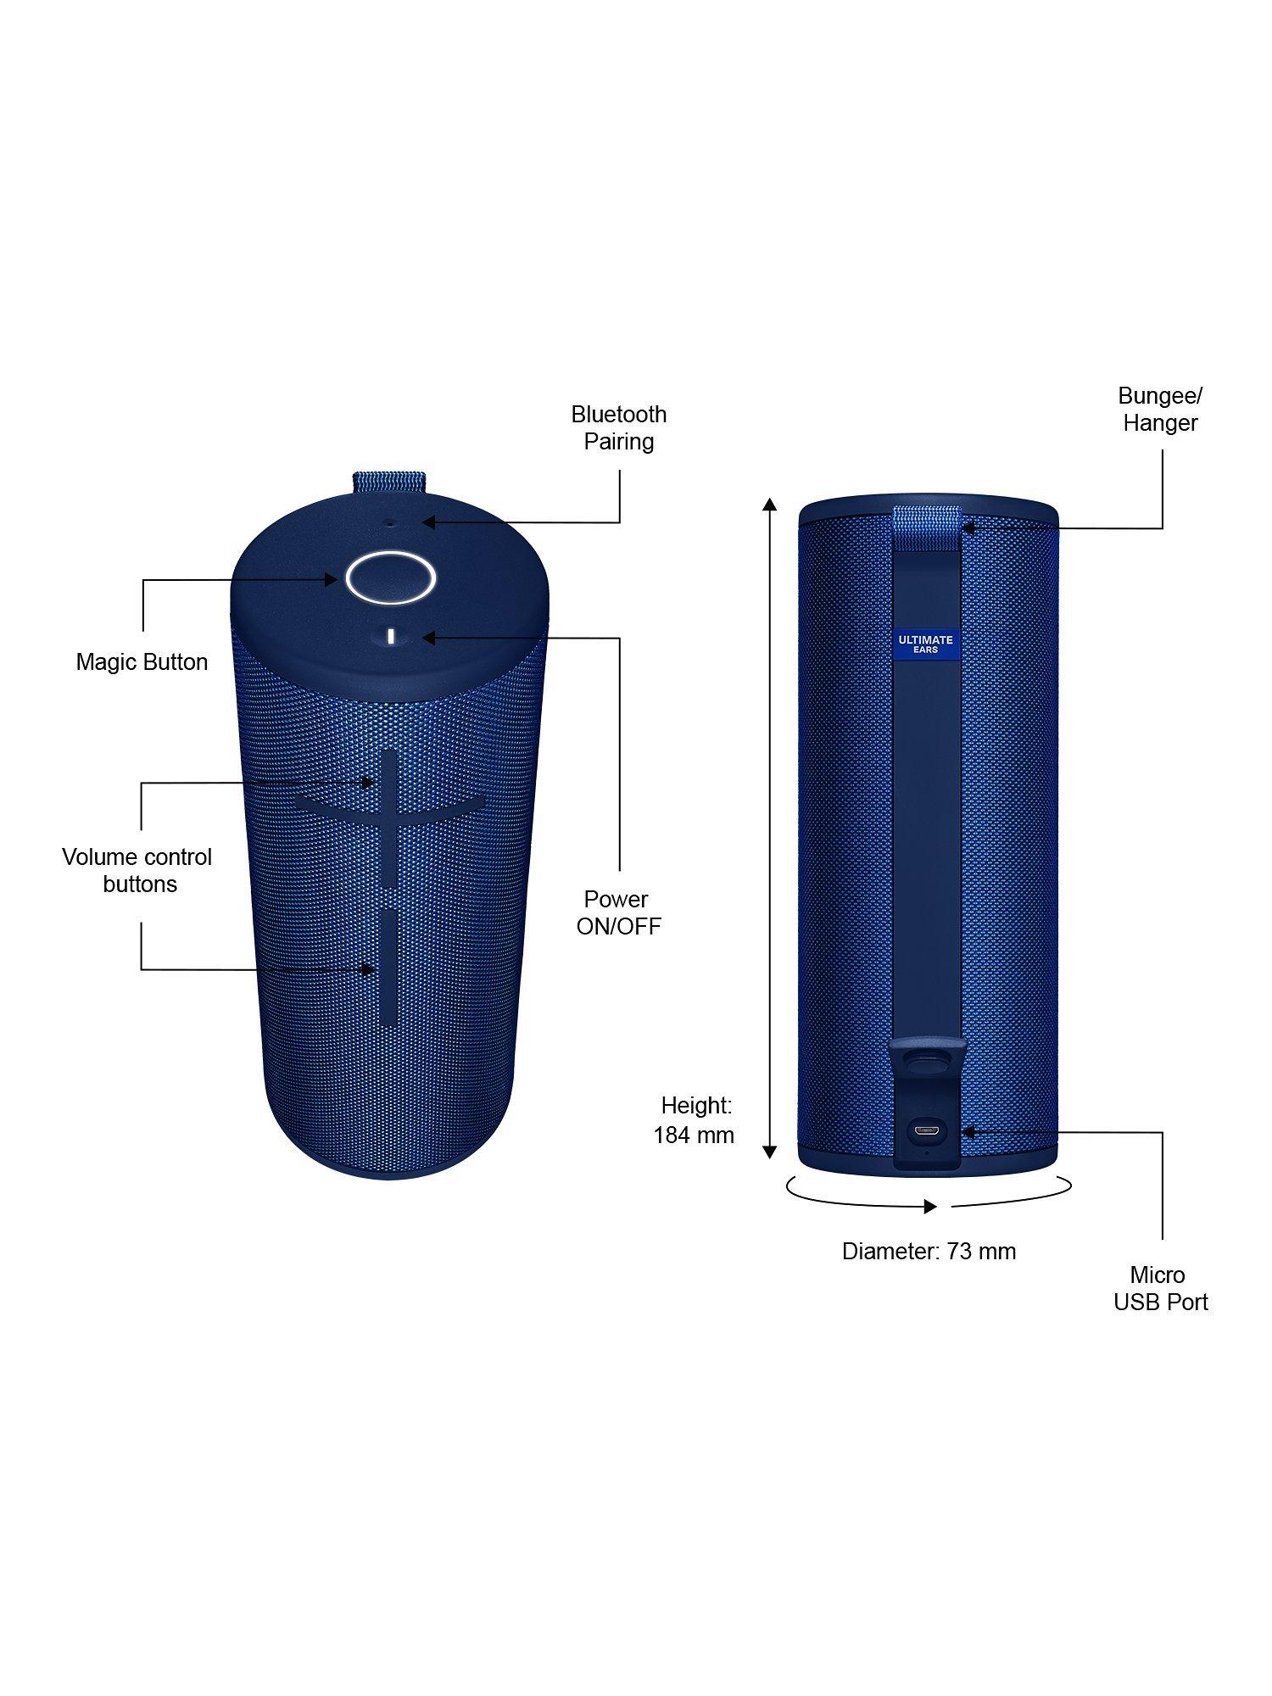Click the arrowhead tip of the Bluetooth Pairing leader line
(422, 522)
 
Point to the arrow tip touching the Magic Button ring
(338, 580)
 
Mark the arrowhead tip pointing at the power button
(422, 638)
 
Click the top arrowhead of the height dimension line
(769, 499)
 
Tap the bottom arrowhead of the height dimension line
(769, 1158)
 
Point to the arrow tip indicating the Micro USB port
(962, 1131)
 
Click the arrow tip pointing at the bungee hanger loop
(962, 527)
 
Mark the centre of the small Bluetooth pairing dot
(390, 523)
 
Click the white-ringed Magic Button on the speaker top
(391, 577)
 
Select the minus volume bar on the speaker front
(389, 967)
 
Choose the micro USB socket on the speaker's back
(925, 1130)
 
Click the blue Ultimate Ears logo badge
(925, 644)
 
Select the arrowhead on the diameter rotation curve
(930, 1206)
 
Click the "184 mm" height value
(694, 1135)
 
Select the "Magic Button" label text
(142, 662)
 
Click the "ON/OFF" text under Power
(618, 926)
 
